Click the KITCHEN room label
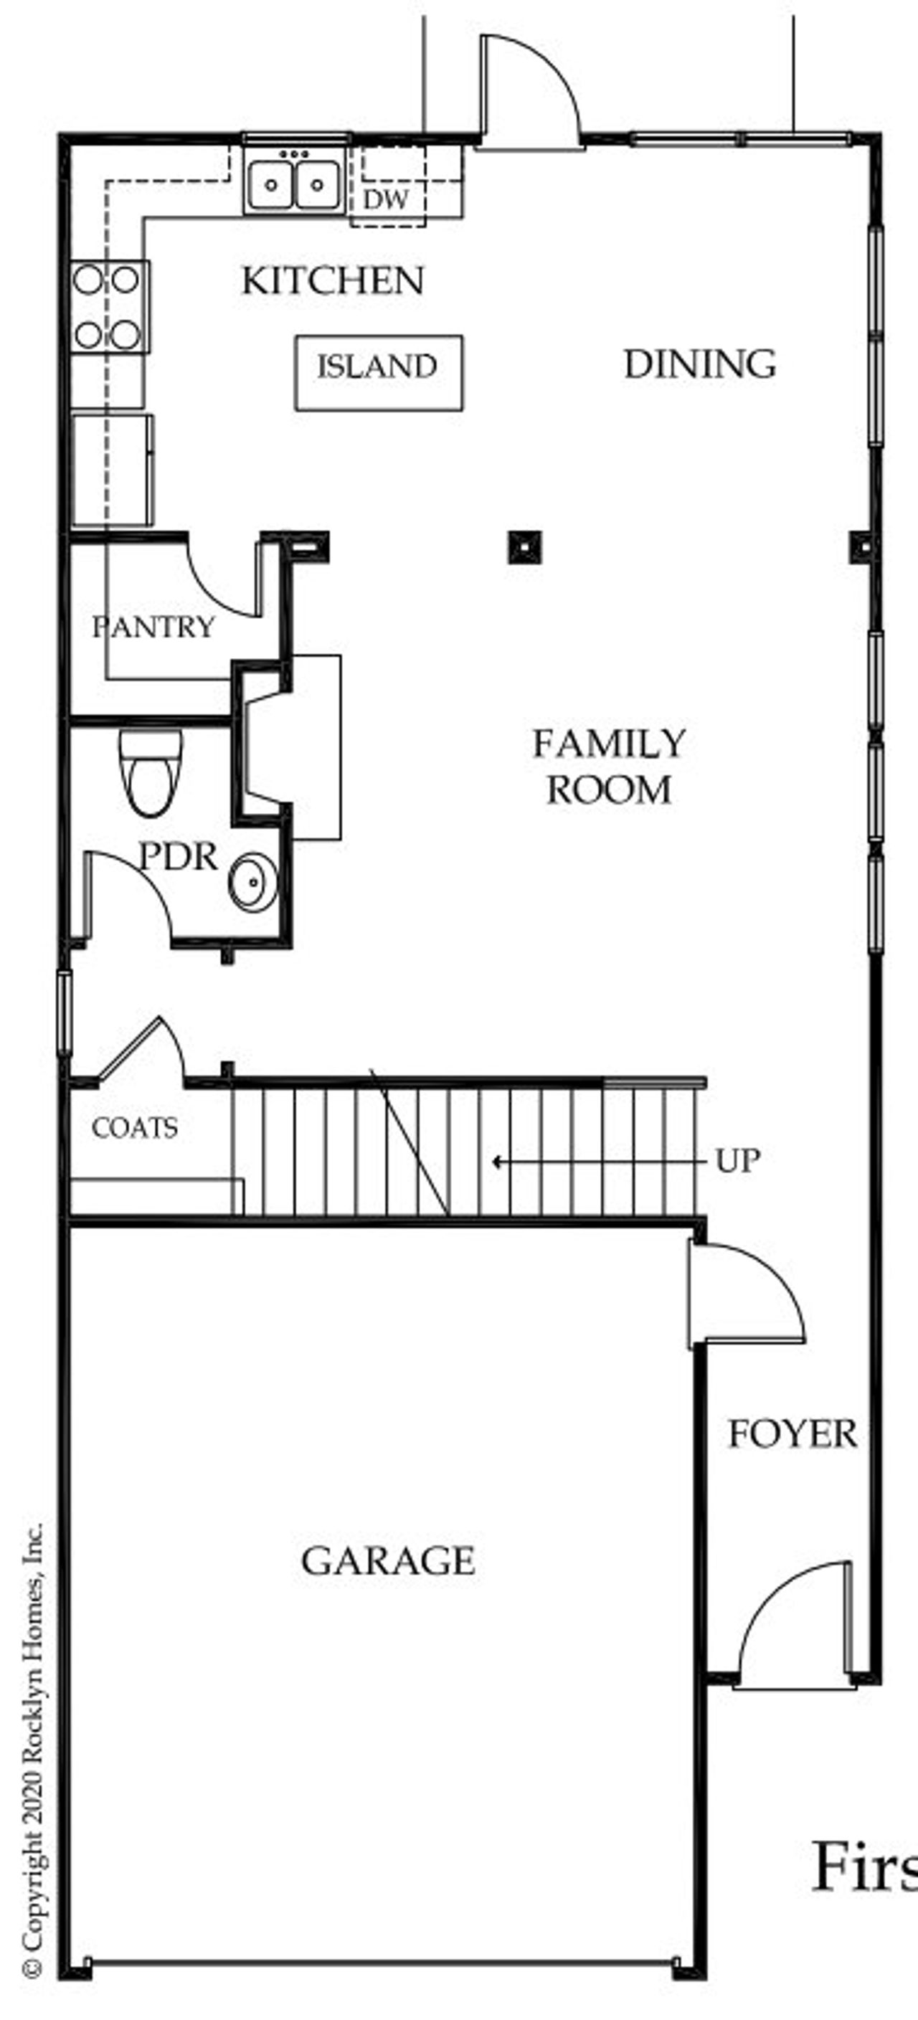[333, 280]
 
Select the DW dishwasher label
[386, 199]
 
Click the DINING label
[699, 365]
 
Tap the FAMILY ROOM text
[609, 766]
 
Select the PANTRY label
[153, 627]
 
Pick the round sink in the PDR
[252, 882]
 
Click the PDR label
[178, 855]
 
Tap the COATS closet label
[134, 1129]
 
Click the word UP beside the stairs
[737, 1160]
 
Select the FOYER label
[792, 1434]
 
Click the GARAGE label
[387, 1561]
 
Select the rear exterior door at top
[529, 90]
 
